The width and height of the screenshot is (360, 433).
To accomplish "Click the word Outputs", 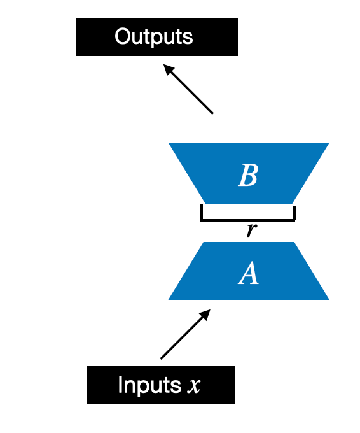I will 153,36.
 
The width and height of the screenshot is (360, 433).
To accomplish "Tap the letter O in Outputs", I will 122,36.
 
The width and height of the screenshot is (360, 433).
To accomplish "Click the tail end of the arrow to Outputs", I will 212,113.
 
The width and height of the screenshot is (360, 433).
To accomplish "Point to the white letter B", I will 247,176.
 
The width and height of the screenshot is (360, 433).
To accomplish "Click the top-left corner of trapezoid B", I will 169,144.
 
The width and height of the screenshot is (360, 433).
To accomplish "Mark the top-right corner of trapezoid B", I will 328,144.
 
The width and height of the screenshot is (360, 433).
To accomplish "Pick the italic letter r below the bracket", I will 251,230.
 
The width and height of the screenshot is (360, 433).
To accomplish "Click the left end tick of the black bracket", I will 202,212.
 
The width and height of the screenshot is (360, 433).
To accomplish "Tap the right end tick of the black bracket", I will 294,212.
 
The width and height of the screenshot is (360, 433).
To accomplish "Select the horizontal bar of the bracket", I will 248,220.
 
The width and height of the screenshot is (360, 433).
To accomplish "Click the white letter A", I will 248,274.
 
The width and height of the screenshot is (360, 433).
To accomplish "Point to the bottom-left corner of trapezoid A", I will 169,299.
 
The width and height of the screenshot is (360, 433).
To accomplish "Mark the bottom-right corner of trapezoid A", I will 328,299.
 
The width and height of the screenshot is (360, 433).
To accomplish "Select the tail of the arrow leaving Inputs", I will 162,358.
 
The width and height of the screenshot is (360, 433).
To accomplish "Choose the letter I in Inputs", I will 120,385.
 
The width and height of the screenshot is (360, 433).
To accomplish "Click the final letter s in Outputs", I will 188,37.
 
